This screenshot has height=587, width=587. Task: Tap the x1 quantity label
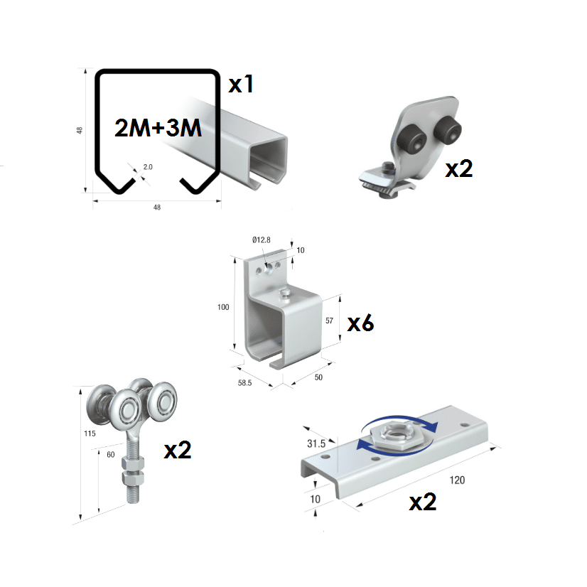[x=241, y=85]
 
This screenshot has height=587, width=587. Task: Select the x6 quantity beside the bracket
[x=360, y=323]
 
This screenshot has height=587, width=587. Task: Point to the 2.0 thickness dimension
[x=147, y=167]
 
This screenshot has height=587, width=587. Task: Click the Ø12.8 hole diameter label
[x=261, y=240]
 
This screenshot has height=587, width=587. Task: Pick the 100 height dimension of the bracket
[x=224, y=307]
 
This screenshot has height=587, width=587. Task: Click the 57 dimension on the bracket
[x=329, y=321]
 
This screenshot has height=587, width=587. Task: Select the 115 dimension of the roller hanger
[x=88, y=432]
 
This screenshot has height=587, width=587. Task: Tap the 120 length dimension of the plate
[x=458, y=480]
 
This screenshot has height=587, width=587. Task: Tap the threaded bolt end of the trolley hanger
[x=134, y=493]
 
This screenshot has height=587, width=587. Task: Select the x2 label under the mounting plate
[x=422, y=502]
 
